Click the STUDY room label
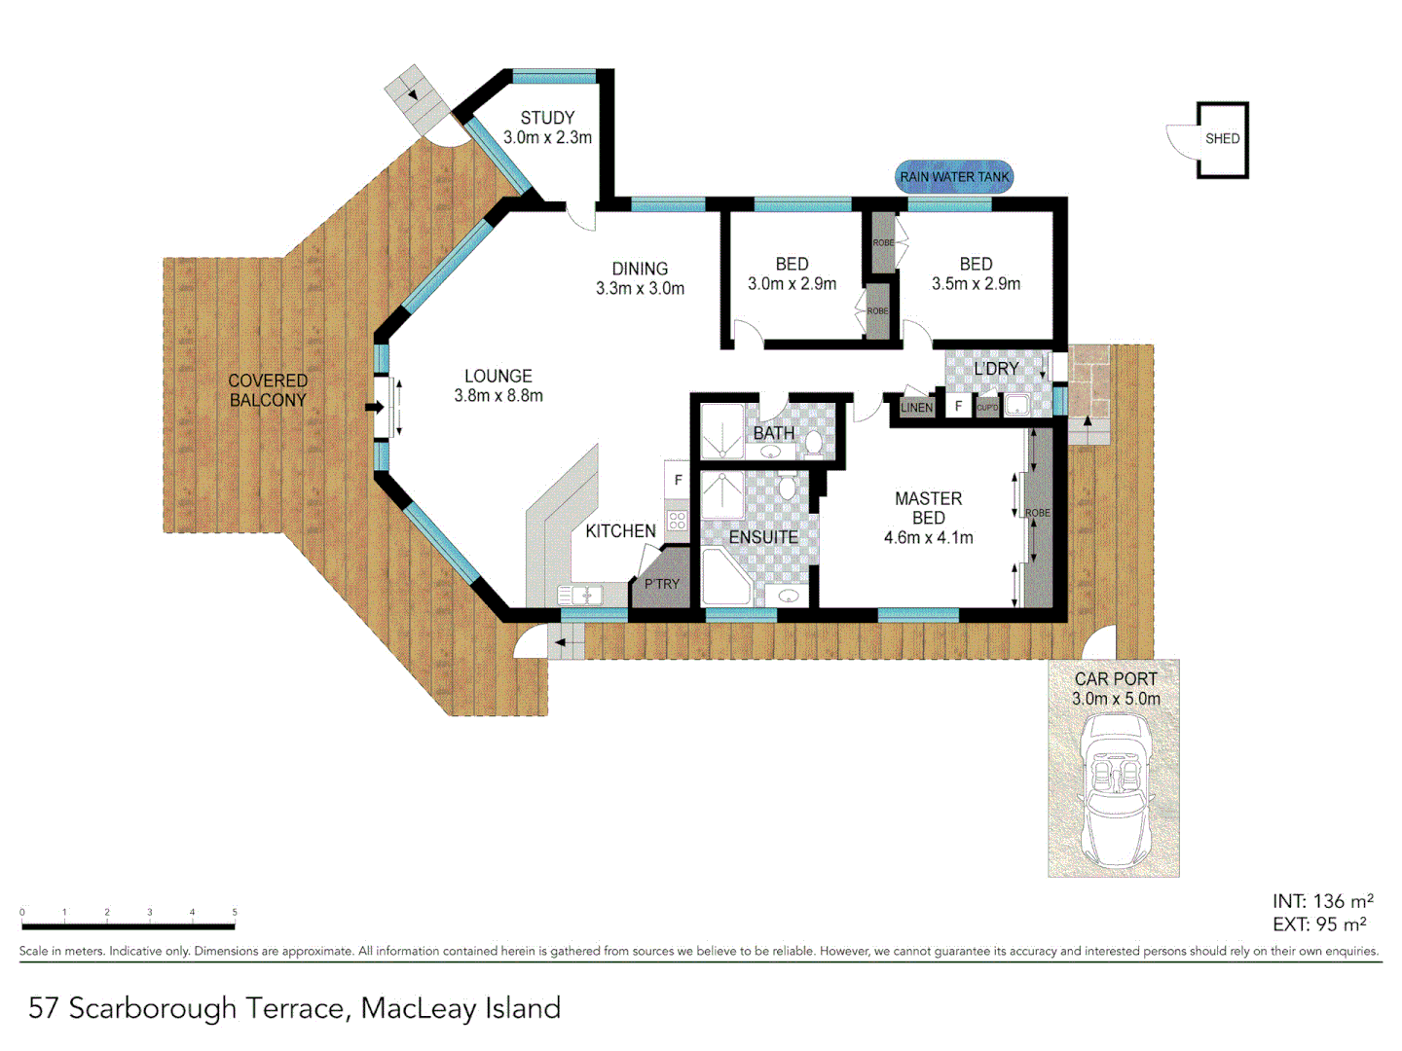(x=547, y=118)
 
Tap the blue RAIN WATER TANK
(x=954, y=177)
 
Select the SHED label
(x=1222, y=139)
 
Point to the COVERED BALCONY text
(x=268, y=390)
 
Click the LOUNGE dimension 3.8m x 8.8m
(x=498, y=396)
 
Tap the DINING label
(x=640, y=269)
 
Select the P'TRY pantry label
(x=662, y=584)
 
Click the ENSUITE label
(x=763, y=537)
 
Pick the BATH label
(x=774, y=433)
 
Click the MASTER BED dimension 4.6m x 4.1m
(x=928, y=538)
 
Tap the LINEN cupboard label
(x=916, y=408)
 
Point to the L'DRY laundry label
(x=996, y=369)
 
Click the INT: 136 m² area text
(x=1322, y=902)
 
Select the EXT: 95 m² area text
(x=1319, y=924)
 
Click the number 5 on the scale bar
(x=235, y=913)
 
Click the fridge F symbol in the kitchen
(x=679, y=481)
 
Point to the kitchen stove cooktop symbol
(x=678, y=520)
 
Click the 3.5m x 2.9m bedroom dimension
(x=976, y=284)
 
